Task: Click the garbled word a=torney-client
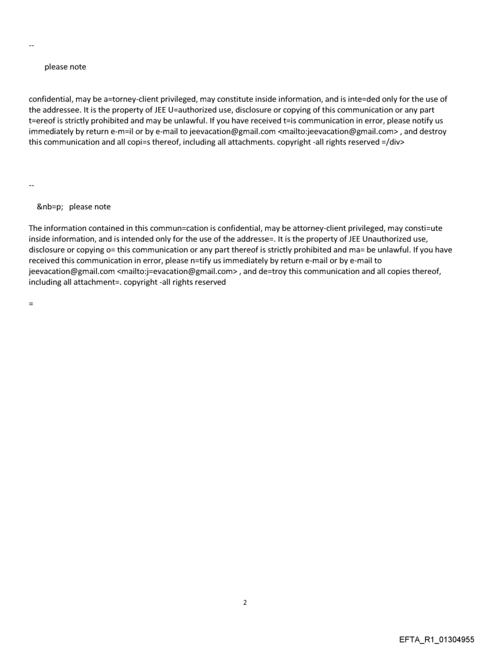125,99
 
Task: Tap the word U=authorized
179,110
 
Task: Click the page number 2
245,602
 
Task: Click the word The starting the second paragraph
36,228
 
